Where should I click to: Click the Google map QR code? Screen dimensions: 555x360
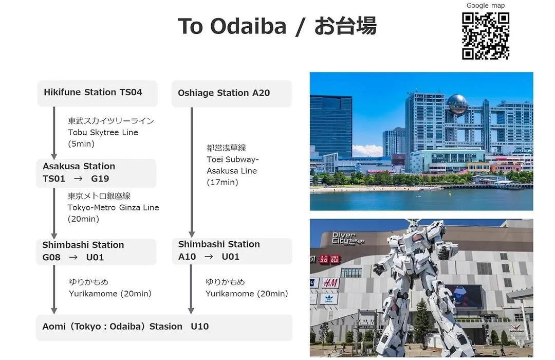coord(486,36)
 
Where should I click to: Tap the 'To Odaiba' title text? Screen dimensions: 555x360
coord(232,26)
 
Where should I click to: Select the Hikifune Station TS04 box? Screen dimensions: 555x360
coord(97,93)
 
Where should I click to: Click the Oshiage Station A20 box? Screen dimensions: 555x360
coord(231,94)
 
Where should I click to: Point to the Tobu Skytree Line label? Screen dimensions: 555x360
coord(103,133)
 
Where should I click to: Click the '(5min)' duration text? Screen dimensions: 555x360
coord(81,144)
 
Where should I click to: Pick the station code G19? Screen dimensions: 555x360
coord(100,178)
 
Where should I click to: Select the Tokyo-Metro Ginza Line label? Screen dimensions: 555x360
coord(113,208)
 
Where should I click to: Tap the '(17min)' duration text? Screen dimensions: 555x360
coord(223,183)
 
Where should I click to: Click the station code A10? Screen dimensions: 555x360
coord(187,257)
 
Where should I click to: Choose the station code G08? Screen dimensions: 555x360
coord(51,257)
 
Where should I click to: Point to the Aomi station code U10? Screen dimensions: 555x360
coord(199,327)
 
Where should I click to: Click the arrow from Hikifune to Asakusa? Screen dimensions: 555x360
coord(54,133)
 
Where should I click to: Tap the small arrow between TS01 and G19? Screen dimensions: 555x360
coord(78,178)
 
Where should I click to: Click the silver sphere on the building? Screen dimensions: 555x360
coord(457,104)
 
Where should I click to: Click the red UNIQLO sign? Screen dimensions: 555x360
coord(329,259)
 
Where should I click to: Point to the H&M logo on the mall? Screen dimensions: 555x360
coord(330,283)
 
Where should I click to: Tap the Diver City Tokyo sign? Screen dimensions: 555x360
coord(347,238)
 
